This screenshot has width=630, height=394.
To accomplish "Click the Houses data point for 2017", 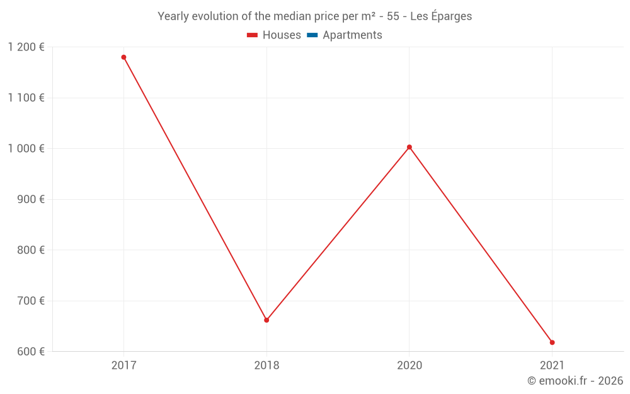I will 123,57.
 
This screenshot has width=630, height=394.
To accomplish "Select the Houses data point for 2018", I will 266,320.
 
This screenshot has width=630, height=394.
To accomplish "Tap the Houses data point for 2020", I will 409,148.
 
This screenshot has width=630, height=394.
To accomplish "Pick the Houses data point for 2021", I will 553,342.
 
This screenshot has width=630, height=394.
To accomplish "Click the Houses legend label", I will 282,35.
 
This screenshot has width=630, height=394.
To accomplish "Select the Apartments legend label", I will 352,35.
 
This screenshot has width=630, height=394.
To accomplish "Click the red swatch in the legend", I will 253,35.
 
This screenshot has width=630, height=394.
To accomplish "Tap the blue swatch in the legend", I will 312,35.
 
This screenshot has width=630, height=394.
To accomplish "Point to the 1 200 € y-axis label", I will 26,47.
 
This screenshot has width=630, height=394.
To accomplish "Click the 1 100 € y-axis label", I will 26,98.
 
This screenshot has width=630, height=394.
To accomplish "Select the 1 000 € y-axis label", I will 26,149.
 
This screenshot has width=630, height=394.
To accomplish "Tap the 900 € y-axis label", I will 30,199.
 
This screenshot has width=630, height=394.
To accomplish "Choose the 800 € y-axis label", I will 30,250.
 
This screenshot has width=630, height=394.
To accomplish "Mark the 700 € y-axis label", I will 30,301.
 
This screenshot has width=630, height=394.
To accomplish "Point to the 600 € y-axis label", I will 30,352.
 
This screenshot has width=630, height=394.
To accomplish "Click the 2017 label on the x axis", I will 123,365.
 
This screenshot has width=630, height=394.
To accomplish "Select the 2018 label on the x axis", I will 266,365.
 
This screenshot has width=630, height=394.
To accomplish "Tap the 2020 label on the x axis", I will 409,365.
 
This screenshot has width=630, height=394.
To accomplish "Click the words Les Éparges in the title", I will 441,16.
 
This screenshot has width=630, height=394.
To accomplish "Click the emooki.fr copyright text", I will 575,381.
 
